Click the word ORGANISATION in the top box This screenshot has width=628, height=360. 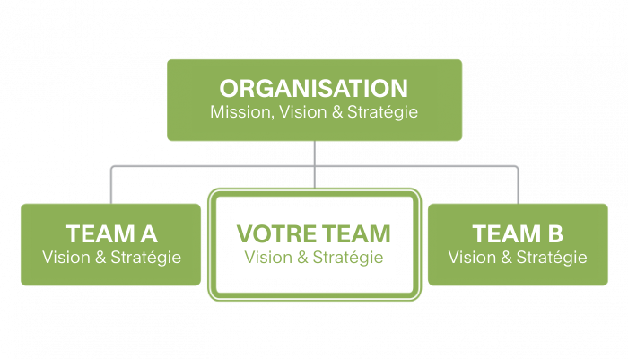coord(314,89)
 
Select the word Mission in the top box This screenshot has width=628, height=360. coord(242,112)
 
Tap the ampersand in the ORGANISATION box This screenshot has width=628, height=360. coord(337,112)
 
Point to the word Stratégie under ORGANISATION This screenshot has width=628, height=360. coord(382,112)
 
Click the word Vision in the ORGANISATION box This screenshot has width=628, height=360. coord(303,112)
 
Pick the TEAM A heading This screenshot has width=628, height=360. coord(112,234)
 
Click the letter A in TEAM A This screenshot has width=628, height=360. coord(149,234)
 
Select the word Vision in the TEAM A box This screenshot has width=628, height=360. coord(66,258)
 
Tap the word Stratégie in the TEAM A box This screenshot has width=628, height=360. coord(145,258)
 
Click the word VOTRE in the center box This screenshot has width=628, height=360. coord(276,234)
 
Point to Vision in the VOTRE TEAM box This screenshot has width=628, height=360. coord(268,258)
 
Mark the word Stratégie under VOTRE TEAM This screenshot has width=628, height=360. coord(348,258)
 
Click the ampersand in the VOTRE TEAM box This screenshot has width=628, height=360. coord(303,258)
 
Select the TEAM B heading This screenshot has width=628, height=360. coord(518,234)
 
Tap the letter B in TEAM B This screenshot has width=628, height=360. coord(555,234)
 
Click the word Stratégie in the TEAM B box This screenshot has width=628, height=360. coord(552,258)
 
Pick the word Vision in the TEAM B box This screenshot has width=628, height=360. coord(472,258)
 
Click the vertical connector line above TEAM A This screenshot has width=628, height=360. coord(111,185)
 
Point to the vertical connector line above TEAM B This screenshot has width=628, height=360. coord(518,185)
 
